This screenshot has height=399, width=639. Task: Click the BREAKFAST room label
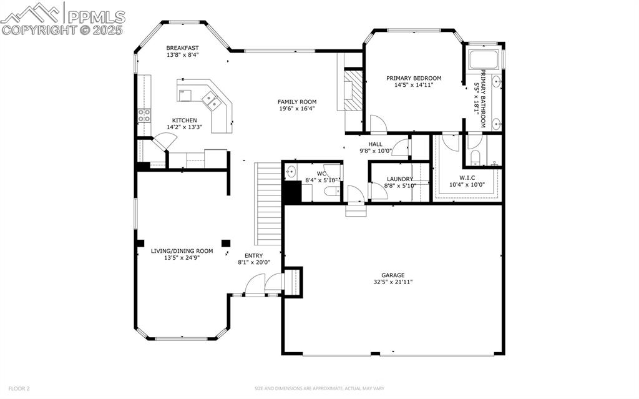pos(182,48)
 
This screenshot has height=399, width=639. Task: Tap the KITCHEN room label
pos(184,121)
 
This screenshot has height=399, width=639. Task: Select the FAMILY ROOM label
pos(297,102)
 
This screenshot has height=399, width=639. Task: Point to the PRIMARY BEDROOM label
pos(413,78)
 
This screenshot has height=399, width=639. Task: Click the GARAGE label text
pos(393,275)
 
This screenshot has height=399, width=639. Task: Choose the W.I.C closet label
pos(467,177)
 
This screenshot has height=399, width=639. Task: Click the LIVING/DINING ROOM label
pos(182,251)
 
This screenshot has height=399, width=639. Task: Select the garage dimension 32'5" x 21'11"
pos(393,282)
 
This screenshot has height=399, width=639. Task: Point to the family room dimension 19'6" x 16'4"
pos(297,109)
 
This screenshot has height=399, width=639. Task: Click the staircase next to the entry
pos(269,204)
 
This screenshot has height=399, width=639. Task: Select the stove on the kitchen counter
pos(144,115)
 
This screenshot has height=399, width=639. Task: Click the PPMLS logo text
pos(97,17)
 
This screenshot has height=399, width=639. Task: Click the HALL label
pos(375,144)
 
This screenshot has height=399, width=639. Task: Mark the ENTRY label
pos(253,255)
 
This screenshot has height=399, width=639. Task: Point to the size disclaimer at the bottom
pos(319,388)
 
